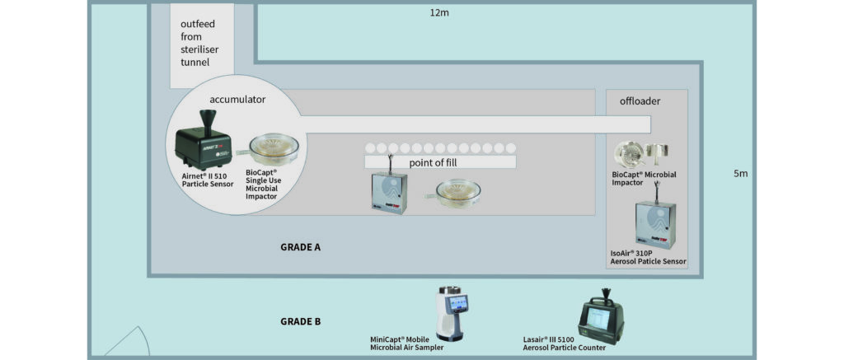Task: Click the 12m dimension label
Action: click(439, 13)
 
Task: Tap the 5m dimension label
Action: click(740, 174)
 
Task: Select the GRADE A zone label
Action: click(301, 246)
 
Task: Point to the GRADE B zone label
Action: click(301, 321)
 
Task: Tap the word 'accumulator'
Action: click(237, 99)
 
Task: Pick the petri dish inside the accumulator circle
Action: click(272, 148)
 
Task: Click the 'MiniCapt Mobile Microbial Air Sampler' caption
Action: click(407, 344)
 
